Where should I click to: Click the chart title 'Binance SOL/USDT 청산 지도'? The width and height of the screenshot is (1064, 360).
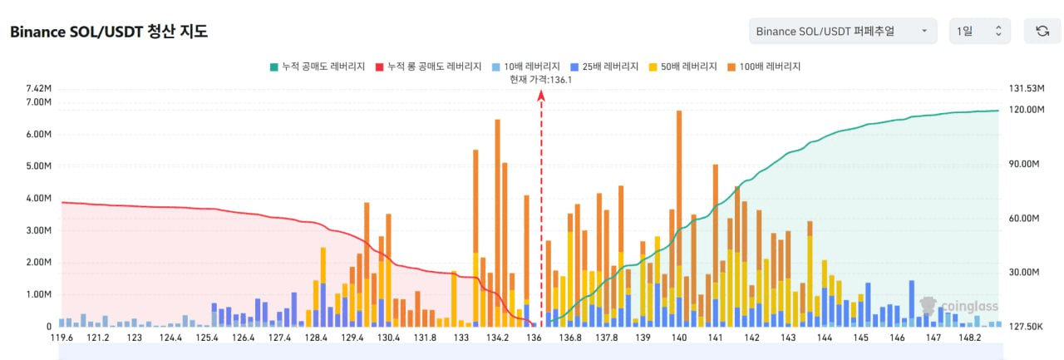click(x=108, y=32)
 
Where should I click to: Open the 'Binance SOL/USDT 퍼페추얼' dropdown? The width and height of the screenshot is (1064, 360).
click(x=842, y=31)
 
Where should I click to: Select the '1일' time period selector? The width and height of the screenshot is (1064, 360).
click(x=979, y=31)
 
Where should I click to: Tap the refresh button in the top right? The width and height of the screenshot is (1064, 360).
click(x=1042, y=31)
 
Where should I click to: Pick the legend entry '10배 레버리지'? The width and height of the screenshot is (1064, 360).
click(x=528, y=67)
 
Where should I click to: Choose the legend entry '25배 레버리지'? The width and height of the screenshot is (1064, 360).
click(x=604, y=67)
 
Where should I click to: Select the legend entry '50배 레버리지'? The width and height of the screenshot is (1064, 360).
click(x=682, y=67)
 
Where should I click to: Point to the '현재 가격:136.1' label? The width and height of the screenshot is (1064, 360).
click(x=541, y=79)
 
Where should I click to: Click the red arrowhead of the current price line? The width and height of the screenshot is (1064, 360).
click(x=541, y=96)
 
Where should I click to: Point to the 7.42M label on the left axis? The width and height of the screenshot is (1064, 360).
click(x=39, y=89)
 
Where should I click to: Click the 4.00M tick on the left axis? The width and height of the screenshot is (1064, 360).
click(x=39, y=199)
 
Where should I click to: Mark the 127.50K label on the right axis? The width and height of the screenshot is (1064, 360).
click(x=1025, y=326)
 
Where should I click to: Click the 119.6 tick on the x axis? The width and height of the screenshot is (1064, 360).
click(x=62, y=338)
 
